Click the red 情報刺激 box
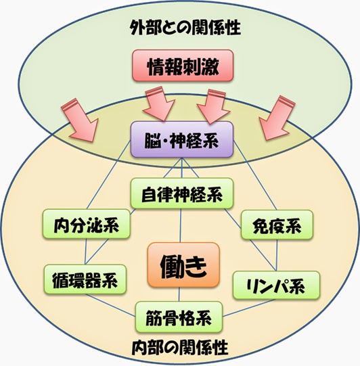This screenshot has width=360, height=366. click(x=183, y=66)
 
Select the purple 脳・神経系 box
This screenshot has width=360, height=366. click(x=182, y=139)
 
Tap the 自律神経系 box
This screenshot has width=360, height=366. click(x=182, y=193)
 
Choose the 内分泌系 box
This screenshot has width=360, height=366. click(x=87, y=224)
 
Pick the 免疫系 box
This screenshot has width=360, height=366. click(x=277, y=225)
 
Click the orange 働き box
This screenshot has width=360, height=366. click(x=183, y=265)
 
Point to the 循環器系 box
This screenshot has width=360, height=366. click(x=85, y=279)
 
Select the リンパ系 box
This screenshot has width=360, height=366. click(x=276, y=285)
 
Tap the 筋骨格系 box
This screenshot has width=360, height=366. click(x=179, y=317)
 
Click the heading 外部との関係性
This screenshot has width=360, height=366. click(x=185, y=27)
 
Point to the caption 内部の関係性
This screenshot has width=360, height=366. click(x=180, y=347)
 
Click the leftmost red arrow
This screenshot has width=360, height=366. click(x=80, y=120)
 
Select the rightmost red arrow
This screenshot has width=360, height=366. click(x=277, y=118)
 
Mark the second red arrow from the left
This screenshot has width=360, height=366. click(x=160, y=104)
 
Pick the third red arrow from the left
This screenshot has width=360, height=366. click(x=213, y=106)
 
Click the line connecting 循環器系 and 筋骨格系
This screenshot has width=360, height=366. click(x=110, y=305)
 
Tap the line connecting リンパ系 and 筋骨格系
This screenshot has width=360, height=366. click(x=249, y=308)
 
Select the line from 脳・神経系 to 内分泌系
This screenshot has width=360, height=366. click(x=108, y=175)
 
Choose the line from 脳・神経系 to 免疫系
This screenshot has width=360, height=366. click(x=255, y=175)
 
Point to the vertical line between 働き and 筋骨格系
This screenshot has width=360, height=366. click(x=179, y=294)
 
